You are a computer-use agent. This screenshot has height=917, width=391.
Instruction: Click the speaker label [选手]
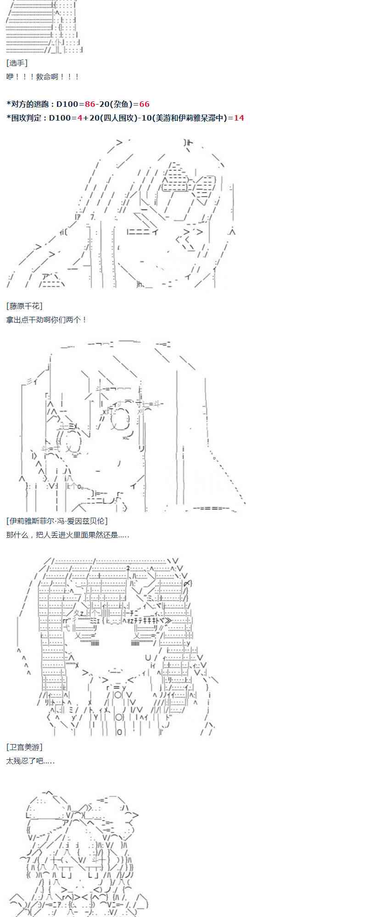(x=17, y=63)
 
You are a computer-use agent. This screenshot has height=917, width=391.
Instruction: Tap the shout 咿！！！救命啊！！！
(x=43, y=77)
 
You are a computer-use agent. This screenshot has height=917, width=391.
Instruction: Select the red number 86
(x=90, y=104)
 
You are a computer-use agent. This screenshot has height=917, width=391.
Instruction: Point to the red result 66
(x=144, y=104)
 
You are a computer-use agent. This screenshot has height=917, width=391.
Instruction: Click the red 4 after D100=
(x=80, y=118)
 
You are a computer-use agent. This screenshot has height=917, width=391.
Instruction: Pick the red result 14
(x=239, y=118)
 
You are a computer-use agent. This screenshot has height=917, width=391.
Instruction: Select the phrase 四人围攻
(x=117, y=118)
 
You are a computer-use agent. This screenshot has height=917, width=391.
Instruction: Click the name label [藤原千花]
(x=24, y=306)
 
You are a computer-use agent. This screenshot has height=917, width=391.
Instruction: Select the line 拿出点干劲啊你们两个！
(x=46, y=320)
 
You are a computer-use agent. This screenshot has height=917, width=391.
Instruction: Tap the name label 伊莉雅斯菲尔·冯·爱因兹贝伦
(x=57, y=521)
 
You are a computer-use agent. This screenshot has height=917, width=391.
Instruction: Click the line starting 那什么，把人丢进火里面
(x=67, y=535)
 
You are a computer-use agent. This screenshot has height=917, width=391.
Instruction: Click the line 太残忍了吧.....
(x=30, y=761)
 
